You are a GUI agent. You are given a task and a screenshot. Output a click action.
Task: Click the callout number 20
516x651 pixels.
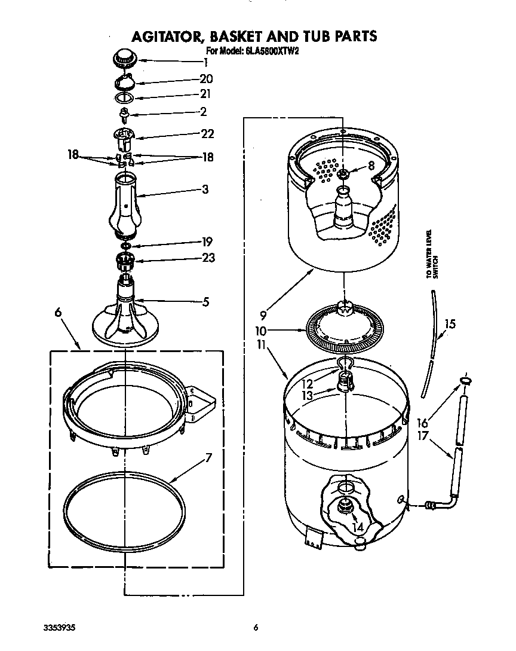point(206,79)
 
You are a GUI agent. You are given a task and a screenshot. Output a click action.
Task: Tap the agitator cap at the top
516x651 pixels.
point(124,59)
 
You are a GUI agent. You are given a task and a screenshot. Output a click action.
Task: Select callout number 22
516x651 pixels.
point(207,134)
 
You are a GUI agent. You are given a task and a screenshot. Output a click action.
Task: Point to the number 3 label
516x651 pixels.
point(205,190)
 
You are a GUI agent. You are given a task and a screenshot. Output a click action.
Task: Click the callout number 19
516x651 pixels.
point(206,242)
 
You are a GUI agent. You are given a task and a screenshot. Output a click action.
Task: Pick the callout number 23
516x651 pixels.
point(207,258)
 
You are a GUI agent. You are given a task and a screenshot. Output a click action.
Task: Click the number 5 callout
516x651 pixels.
point(205,302)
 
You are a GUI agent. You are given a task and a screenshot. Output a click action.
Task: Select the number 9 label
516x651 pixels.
point(263,311)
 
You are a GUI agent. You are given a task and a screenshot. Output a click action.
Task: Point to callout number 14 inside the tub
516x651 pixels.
point(358,527)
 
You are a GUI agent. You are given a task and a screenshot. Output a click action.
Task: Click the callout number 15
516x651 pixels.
point(450,325)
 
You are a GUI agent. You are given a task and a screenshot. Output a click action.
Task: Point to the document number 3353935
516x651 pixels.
point(60,628)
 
